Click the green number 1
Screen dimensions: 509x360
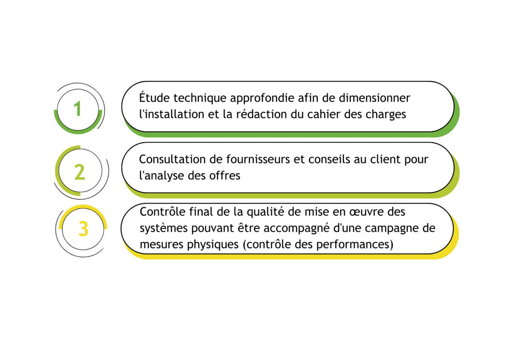[78, 109]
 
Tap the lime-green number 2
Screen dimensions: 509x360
[80, 172]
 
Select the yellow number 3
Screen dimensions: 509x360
[84, 228]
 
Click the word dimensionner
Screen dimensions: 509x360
[375, 98]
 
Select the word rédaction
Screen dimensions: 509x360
[262, 114]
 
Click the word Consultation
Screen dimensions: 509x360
[172, 159]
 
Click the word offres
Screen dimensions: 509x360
[224, 175]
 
